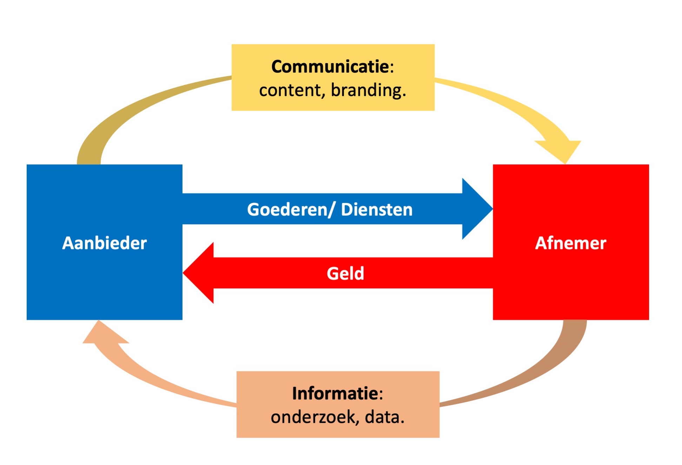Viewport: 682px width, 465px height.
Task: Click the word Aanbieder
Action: coord(104,243)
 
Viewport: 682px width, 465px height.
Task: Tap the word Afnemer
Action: coord(570,243)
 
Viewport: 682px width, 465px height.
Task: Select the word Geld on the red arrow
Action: coord(345,274)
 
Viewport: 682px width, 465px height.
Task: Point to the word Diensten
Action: coord(377,210)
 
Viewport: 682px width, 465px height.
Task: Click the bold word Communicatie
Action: coord(330,67)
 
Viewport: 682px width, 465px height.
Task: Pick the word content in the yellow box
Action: coord(290,90)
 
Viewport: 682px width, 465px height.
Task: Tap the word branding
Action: coord(368,90)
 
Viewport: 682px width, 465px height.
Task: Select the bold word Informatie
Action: coord(335,393)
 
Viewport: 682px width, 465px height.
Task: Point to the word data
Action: coord(384,417)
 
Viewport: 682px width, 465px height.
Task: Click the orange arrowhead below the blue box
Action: coord(102,333)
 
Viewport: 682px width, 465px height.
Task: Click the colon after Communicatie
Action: coord(392,67)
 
